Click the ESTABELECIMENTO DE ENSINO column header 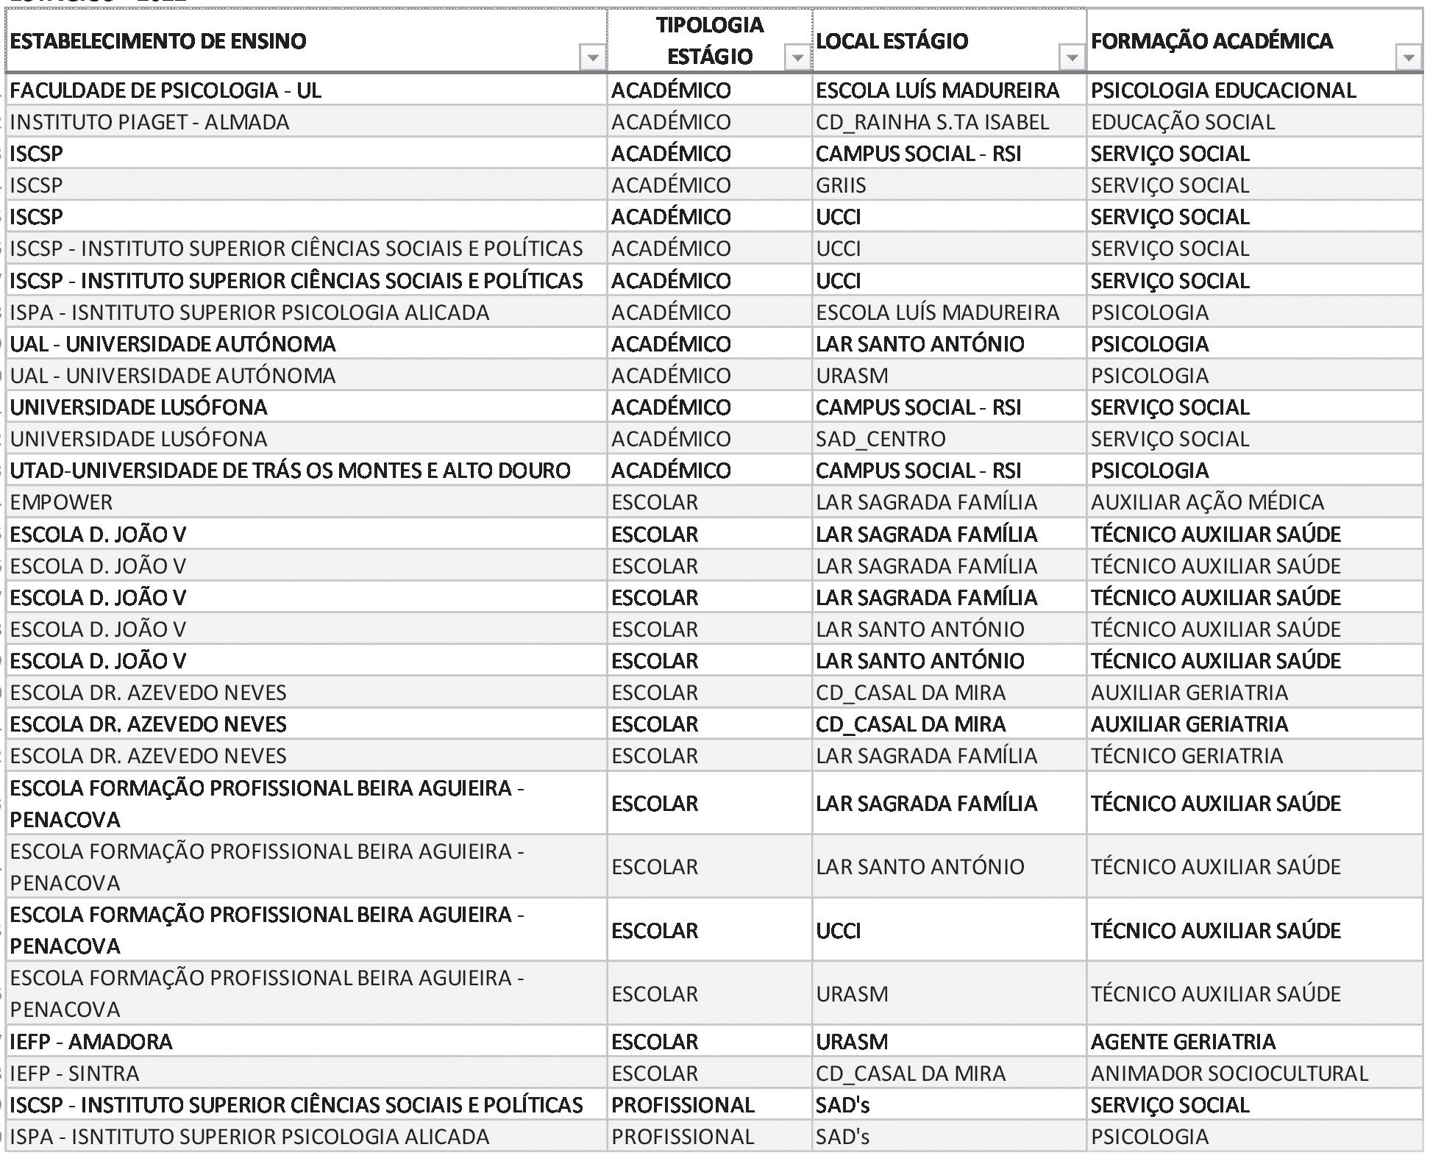158,41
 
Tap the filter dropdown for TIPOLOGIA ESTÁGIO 797,57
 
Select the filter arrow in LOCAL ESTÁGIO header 1072,57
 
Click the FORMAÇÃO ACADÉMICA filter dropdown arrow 1408,57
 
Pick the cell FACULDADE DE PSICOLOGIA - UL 166,90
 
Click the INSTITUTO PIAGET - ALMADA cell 150,122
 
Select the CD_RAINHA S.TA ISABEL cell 932,122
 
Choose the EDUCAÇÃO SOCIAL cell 1182,122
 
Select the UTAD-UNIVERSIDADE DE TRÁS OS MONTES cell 290,471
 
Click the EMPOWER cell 62,502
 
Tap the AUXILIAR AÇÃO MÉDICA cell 1207,502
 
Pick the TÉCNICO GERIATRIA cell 1187,756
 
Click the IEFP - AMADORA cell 91,1042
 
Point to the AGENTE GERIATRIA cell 1183,1042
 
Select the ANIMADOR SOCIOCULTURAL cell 1229,1074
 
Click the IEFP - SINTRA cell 75,1074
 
